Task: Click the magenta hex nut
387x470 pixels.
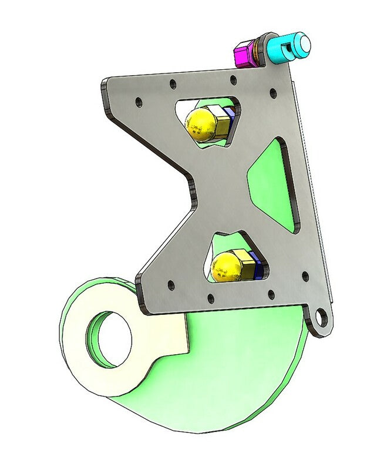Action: pos(244,54)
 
